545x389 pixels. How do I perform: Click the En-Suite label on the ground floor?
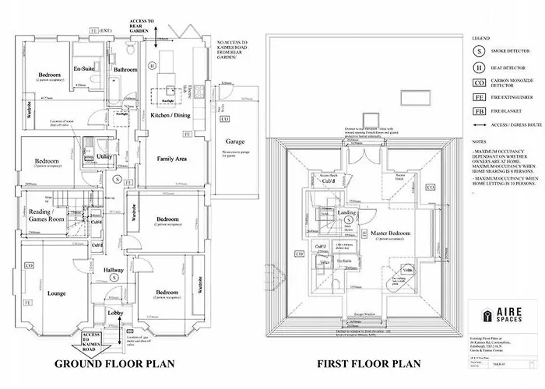click(x=83, y=69)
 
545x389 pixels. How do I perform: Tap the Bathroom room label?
click(x=125, y=70)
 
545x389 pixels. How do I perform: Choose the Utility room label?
click(x=103, y=156)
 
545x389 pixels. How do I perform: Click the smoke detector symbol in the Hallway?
click(x=114, y=277)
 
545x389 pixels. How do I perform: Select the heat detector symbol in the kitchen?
click(x=153, y=65)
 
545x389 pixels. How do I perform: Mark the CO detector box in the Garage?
click(x=224, y=119)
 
